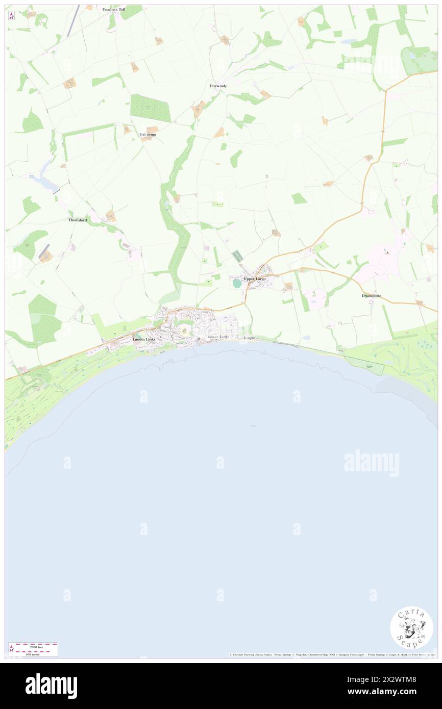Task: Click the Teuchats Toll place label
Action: pos(113,9)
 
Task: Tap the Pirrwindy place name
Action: pos(218,86)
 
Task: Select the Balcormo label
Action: pos(149,135)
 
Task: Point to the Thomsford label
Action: pos(78,220)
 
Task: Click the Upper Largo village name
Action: pos(254,279)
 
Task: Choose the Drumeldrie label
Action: pos(372,296)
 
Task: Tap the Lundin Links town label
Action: pos(143,339)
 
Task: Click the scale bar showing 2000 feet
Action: pos(33,646)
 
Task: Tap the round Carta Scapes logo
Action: pos(411,627)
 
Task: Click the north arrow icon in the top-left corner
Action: pos(11,16)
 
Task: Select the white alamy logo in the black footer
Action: pos(52,686)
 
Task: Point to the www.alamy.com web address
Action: pos(390,692)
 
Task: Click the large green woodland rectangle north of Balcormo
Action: pos(151,108)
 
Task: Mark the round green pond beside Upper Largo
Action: pos(237,283)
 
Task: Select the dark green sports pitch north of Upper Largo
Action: pos(238,256)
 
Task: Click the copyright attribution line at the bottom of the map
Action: pos(332,654)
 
